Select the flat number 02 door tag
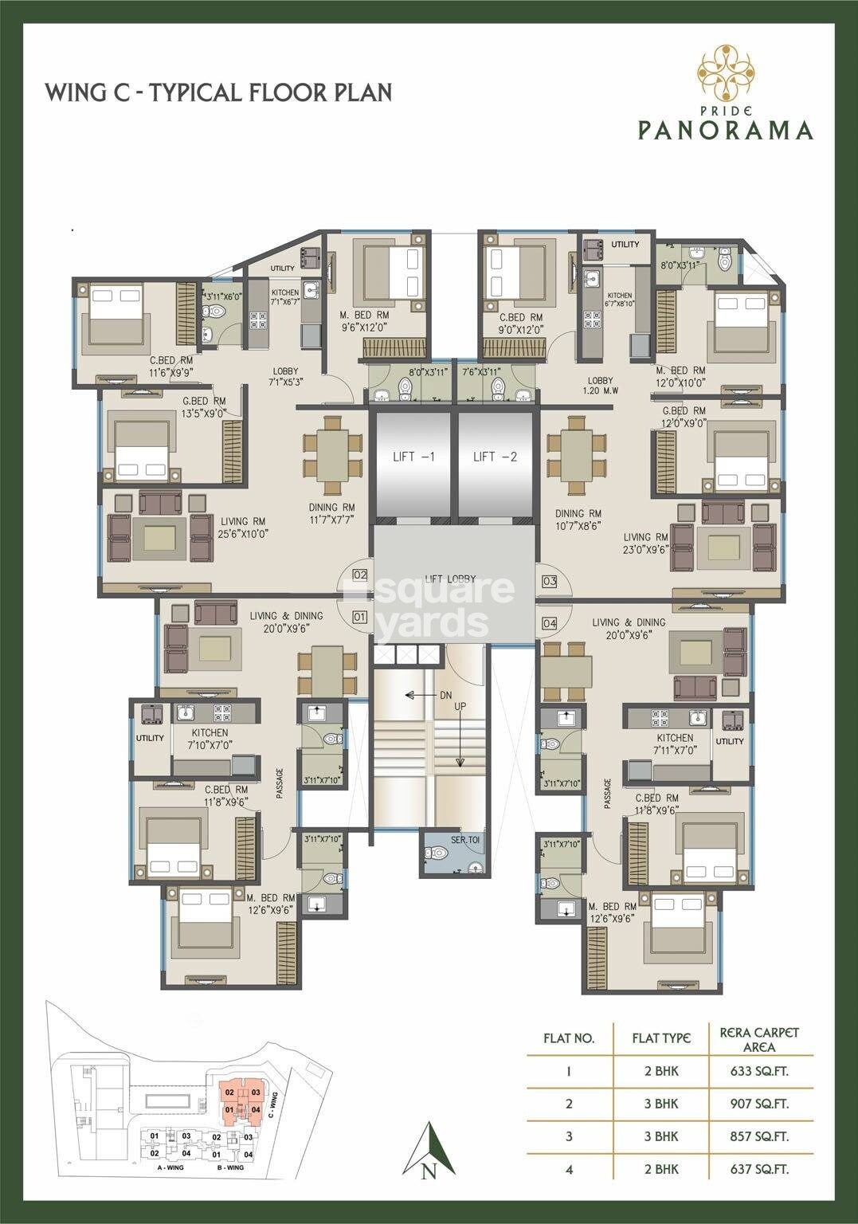[359, 575]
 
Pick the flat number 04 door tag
[550, 622]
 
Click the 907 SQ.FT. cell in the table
[761, 1104]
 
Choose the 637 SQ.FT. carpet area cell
[761, 1169]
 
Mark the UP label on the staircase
[460, 706]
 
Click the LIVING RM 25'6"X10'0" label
[243, 528]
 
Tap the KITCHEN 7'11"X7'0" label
[675, 743]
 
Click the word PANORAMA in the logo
[725, 129]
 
